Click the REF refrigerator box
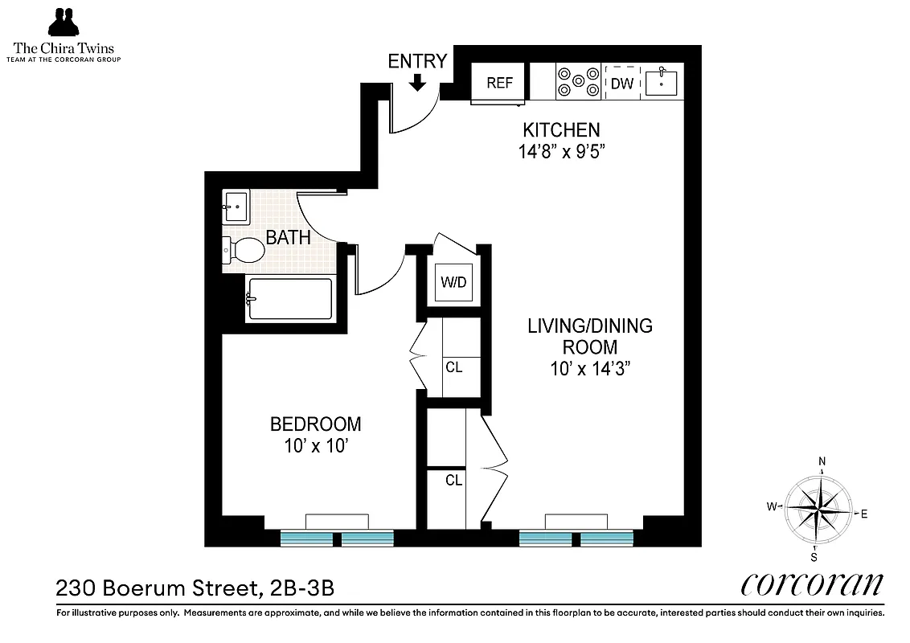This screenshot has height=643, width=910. (x=499, y=84)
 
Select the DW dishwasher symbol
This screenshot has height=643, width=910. (x=622, y=84)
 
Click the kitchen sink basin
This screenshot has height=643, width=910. (x=661, y=83)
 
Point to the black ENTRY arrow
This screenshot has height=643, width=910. (x=417, y=82)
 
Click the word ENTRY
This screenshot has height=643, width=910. (x=417, y=62)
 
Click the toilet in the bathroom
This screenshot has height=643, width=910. (x=244, y=251)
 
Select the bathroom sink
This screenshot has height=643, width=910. (x=236, y=207)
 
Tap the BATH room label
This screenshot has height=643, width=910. (x=289, y=238)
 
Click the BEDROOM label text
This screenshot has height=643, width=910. (x=315, y=424)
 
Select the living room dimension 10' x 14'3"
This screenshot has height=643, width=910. (x=589, y=369)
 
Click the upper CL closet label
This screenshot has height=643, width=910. (x=453, y=368)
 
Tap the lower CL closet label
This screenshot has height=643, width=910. (x=453, y=481)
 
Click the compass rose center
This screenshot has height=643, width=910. (x=818, y=510)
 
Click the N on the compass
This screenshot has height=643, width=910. (x=822, y=461)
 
